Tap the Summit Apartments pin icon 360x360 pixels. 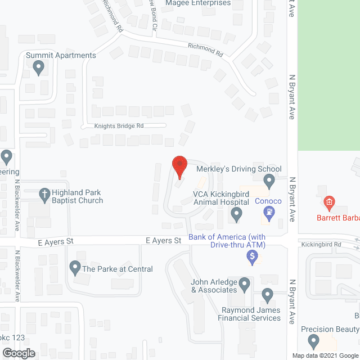click(x=38, y=67)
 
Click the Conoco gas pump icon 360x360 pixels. click(x=269, y=212)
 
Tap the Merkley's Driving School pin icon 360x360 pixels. click(x=269, y=181)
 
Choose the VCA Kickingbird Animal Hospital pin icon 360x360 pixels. click(x=237, y=214)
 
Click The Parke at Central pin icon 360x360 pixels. click(x=74, y=268)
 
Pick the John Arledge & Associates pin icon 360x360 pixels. click(x=244, y=285)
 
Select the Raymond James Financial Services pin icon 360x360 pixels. click(x=267, y=295)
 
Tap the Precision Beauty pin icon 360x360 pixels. click(x=314, y=341)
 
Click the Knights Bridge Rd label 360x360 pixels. click(x=119, y=126)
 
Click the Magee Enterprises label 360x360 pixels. click(x=198, y=3)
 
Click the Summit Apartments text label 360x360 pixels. click(x=61, y=55)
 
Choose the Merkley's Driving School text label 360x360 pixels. click(x=238, y=169)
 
